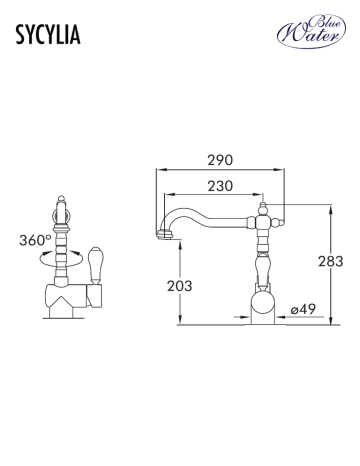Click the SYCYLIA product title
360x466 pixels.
click(48, 35)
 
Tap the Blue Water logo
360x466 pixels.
click(311, 31)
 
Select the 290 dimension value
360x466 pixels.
click(220, 160)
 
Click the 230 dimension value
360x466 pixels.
click(220, 186)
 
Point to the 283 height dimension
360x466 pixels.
click(330, 262)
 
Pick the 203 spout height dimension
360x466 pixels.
click(180, 286)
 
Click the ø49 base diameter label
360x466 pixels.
click(303, 309)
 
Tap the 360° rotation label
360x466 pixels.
click(35, 240)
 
